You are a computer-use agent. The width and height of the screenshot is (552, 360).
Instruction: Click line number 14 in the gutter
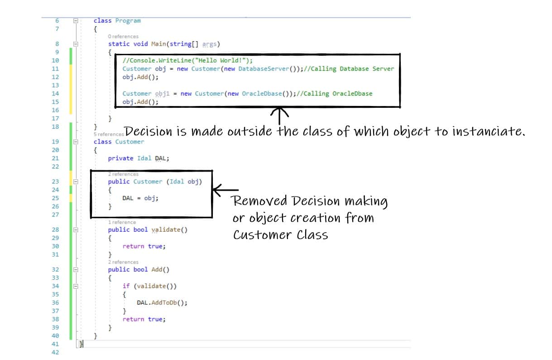coord(55,94)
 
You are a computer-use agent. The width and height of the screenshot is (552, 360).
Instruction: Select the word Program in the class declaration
coord(128,21)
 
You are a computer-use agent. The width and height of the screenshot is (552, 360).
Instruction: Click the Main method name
coord(158,44)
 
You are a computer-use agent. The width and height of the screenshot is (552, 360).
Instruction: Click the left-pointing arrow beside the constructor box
coord(226,190)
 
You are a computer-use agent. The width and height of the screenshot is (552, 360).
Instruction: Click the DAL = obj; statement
coord(140,198)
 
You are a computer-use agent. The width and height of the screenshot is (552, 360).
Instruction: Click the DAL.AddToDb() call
coord(162,303)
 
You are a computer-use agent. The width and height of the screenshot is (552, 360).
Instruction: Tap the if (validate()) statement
coord(149,286)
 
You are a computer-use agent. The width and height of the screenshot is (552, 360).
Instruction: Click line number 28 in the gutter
coord(55,230)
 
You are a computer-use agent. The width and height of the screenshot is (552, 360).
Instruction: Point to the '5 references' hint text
coord(108,134)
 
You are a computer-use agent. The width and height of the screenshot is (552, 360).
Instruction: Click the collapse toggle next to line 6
coord(76,21)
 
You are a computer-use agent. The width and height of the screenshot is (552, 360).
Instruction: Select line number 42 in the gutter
coord(55,352)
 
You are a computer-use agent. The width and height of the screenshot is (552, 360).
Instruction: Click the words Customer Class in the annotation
coord(280,235)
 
